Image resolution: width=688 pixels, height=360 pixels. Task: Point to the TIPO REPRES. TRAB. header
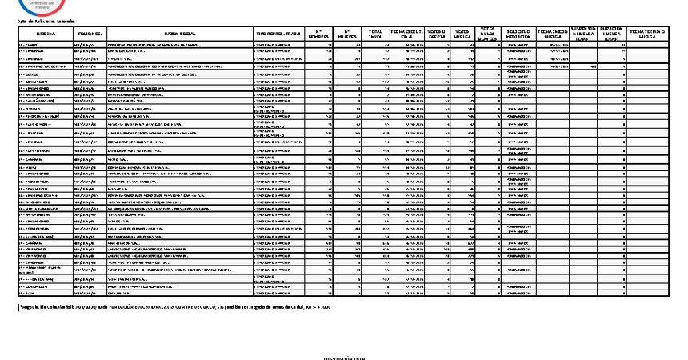tap(279, 35)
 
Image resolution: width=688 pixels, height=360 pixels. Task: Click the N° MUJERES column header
tap(346, 35)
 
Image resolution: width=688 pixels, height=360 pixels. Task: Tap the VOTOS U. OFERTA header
tap(438, 35)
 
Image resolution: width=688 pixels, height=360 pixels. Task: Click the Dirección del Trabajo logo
tap(48, 8)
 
